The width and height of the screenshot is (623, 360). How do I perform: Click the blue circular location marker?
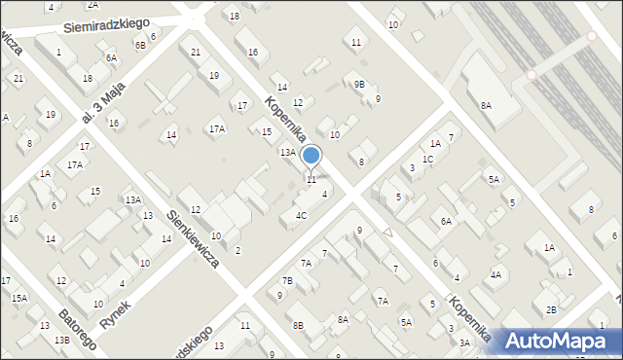pyautogui.click(x=311, y=156)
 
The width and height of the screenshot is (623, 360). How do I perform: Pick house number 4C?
pyautogui.click(x=302, y=215)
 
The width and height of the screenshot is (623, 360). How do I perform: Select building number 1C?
pyautogui.click(x=427, y=159)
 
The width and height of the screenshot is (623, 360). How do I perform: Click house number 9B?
pyautogui.click(x=359, y=85)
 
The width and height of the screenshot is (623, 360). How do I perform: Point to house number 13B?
pyautogui.click(x=62, y=339)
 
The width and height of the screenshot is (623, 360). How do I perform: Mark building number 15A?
pyautogui.click(x=19, y=298)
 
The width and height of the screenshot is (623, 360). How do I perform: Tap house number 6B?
pyautogui.click(x=140, y=45)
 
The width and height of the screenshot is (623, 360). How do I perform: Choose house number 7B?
pyautogui.click(x=287, y=281)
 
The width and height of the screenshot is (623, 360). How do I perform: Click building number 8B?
pyautogui.click(x=299, y=325)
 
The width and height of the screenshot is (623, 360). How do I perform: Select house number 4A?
pyautogui.click(x=495, y=275)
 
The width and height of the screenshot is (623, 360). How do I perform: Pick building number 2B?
pyautogui.click(x=551, y=309)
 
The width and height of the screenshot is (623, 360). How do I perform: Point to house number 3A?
pyautogui.click(x=464, y=342)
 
